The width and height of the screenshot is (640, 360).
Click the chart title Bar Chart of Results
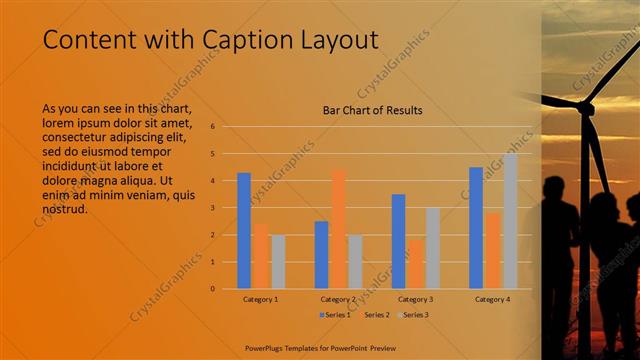372,110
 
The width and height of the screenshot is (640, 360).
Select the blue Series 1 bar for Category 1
244,231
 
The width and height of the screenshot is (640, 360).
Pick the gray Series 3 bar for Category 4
510,221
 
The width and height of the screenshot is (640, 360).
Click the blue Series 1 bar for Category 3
398,241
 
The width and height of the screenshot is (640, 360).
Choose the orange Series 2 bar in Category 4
493,250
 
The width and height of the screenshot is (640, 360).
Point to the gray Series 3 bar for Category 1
278,262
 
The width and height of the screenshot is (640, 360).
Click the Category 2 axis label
339,299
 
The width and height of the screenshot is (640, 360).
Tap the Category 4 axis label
493,299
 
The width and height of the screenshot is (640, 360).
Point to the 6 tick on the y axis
212,127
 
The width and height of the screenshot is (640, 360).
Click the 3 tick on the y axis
212,208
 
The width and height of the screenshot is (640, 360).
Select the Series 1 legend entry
336,315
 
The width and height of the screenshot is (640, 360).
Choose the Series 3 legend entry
412,315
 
